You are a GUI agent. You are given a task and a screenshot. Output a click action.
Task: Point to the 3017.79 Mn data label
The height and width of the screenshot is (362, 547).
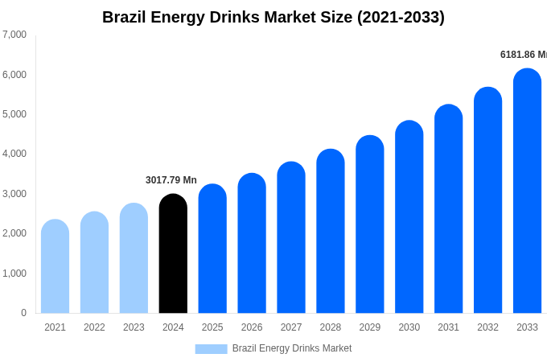tap(171, 180)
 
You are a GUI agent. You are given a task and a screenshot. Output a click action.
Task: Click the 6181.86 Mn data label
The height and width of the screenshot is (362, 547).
tap(523, 55)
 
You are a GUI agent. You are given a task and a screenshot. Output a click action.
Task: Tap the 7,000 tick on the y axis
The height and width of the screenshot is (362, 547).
tap(14, 35)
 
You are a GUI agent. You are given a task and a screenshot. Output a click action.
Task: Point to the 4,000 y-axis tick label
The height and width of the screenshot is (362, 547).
tap(14, 154)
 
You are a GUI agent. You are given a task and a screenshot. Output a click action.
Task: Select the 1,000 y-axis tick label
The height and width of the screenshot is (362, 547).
tap(14, 274)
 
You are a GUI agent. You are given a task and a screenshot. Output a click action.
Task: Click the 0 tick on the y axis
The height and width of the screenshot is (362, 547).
tap(23, 313)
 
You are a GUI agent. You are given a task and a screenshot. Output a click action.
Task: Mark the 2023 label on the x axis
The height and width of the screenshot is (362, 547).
tap(134, 327)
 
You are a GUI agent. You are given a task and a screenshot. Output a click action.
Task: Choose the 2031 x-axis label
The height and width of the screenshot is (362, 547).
tap(448, 327)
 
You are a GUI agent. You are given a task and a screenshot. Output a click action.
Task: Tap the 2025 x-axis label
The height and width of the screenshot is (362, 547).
tap(212, 327)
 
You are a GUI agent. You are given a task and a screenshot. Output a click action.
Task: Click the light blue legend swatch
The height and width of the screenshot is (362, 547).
tap(211, 349)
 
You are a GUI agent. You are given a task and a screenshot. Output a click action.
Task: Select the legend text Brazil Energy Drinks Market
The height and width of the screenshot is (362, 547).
tap(291, 348)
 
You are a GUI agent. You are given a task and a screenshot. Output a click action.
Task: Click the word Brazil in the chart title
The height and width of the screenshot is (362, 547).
tap(125, 17)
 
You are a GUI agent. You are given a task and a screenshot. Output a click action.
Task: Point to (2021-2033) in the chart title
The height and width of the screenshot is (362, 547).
tap(401, 17)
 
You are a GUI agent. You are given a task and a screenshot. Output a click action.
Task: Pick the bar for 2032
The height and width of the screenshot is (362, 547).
tap(487, 200)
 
